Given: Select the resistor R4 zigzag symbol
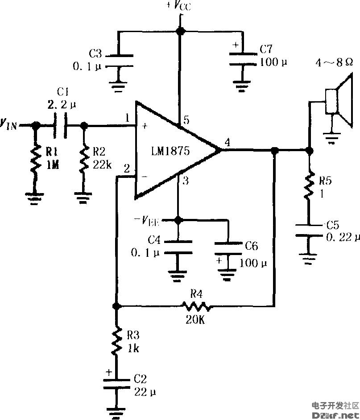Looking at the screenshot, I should point(195,306).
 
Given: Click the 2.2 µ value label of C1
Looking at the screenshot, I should point(61,105).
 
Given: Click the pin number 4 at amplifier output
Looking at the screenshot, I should point(228,143).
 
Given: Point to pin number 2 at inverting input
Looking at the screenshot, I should point(127,169).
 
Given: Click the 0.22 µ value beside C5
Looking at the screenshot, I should point(342,237).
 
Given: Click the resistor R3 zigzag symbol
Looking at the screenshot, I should point(116,341).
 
